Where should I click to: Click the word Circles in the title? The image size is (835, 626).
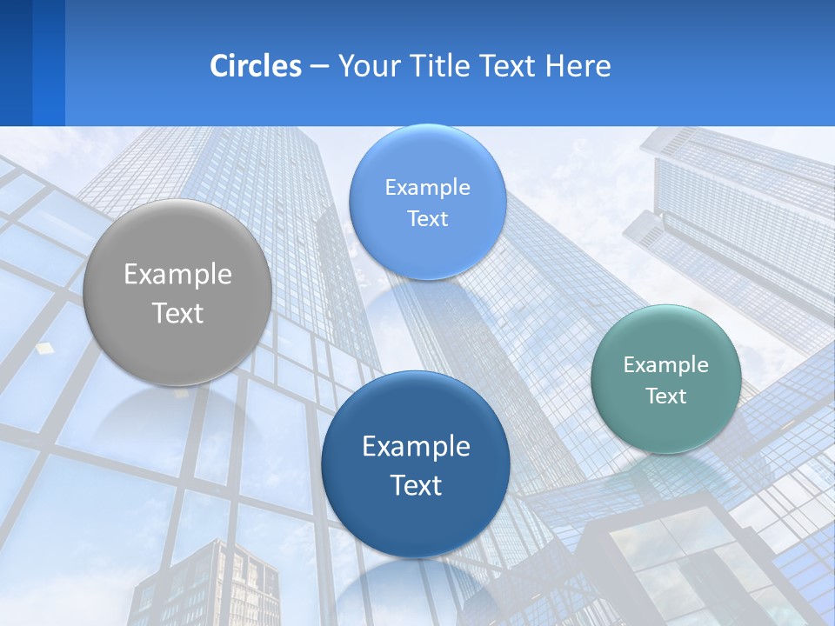(x=256, y=66)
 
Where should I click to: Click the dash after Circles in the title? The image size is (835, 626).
(x=319, y=67)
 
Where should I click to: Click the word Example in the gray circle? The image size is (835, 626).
(x=177, y=275)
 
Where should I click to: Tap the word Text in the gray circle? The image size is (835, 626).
(x=177, y=313)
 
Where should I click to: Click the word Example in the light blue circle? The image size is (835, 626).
(x=427, y=187)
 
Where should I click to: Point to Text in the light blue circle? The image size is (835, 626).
(x=427, y=218)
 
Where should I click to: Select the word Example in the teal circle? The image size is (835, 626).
(x=666, y=364)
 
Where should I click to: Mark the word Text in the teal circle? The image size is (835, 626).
(x=666, y=396)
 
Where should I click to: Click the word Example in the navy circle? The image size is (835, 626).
(x=416, y=446)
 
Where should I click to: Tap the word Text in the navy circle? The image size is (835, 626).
(x=416, y=485)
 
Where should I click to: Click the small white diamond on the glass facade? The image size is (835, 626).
(x=44, y=348)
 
